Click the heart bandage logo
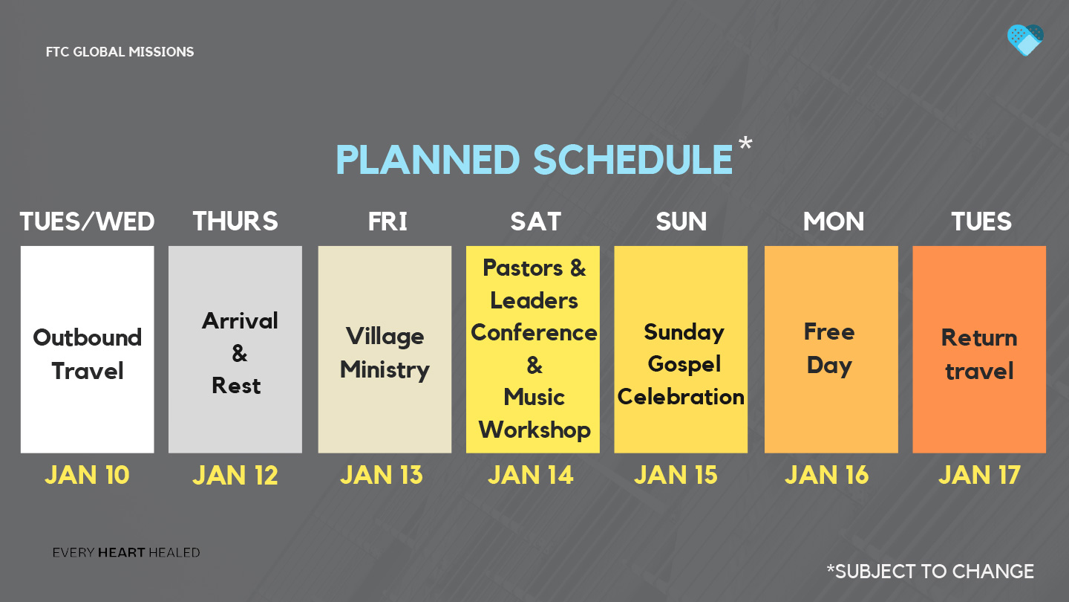click(1025, 40)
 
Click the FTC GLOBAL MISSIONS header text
click(120, 51)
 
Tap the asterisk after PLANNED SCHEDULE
click(745, 143)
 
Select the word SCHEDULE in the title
click(632, 160)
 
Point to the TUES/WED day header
click(88, 221)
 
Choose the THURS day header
click(235, 221)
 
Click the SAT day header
click(535, 221)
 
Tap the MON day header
click(833, 221)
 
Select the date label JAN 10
click(88, 475)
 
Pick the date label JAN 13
click(382, 475)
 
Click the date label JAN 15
click(676, 475)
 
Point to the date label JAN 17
click(979, 475)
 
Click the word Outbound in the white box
click(88, 337)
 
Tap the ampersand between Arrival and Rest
click(240, 354)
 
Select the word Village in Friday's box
click(385, 337)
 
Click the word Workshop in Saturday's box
click(534, 430)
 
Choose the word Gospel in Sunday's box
click(684, 364)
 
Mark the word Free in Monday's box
click(829, 331)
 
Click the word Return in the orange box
click(979, 337)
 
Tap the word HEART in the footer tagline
click(121, 553)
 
